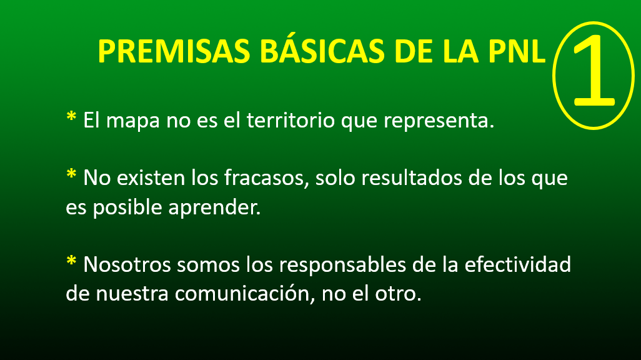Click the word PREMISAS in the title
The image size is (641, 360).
pyautogui.click(x=174, y=51)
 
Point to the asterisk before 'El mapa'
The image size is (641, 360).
pyautogui.click(x=71, y=116)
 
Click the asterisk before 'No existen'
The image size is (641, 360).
pyautogui.click(x=71, y=174)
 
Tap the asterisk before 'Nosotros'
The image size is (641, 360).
pyautogui.click(x=71, y=261)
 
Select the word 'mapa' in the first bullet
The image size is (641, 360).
pyautogui.click(x=133, y=121)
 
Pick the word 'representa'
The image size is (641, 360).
pyautogui.click(x=436, y=121)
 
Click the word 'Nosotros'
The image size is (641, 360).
pyautogui.click(x=127, y=264)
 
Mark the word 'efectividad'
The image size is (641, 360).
pyautogui.click(x=517, y=264)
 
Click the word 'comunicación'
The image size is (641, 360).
pyautogui.click(x=244, y=293)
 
